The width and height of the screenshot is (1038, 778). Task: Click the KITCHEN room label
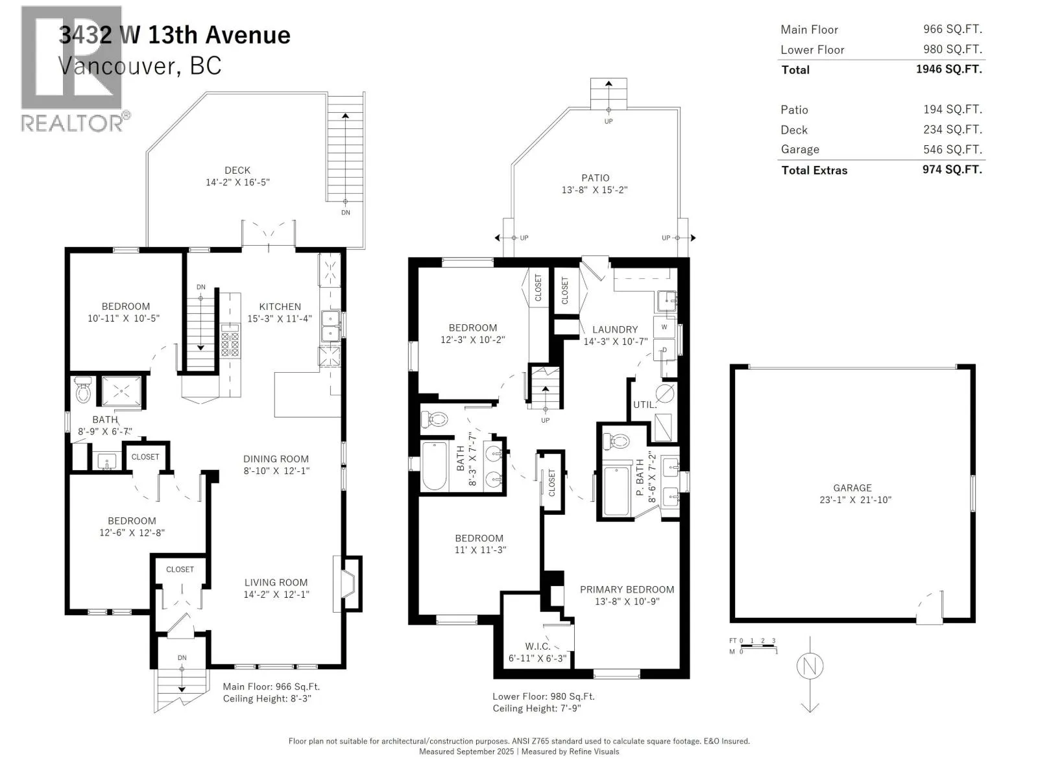[x=280, y=307]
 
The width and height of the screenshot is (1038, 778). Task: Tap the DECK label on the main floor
[x=237, y=170]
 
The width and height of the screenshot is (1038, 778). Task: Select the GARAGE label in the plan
[x=852, y=488]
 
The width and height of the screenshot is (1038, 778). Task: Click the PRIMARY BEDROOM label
[x=627, y=589]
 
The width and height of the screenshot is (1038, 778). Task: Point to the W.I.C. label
[x=538, y=646]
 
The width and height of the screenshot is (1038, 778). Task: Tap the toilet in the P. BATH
[x=616, y=442]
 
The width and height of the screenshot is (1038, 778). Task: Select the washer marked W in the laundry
[x=664, y=327]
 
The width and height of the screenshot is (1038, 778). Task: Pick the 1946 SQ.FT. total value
[x=949, y=69]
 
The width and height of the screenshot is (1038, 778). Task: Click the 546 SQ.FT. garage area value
[x=953, y=149]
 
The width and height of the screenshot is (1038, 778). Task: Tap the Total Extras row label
[x=814, y=170]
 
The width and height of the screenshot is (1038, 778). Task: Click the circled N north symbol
[x=810, y=666]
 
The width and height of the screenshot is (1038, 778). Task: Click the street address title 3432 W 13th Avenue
[x=175, y=35]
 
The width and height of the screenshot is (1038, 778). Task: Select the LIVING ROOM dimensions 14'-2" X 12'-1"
[x=276, y=595]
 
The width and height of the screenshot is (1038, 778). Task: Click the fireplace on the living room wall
[x=348, y=584]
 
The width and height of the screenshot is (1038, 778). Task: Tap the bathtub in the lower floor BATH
[x=434, y=466]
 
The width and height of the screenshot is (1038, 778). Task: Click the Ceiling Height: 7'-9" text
[x=537, y=709]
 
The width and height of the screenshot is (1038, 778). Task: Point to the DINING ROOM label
[x=276, y=458]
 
